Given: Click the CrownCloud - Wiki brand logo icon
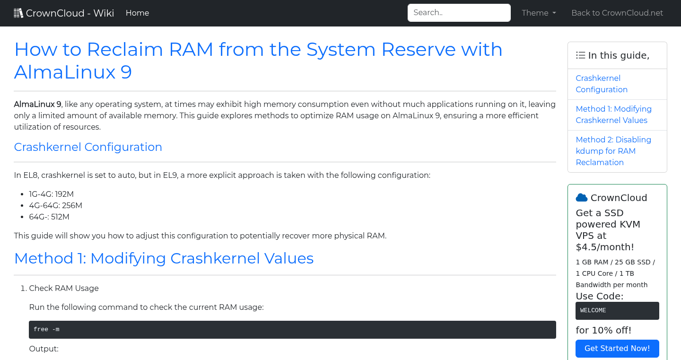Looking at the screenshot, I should tap(18, 13).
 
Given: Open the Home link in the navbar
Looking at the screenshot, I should tap(137, 13).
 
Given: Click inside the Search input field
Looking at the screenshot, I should tap(459, 13).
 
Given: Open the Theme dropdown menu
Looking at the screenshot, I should tap(539, 13).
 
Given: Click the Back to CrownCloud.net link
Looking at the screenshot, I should tap(617, 13).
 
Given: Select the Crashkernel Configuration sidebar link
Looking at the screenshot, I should tap(602, 84).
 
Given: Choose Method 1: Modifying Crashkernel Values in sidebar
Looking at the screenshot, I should tap(613, 115).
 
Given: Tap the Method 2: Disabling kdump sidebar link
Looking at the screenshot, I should tap(613, 151).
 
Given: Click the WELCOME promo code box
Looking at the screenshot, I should tap(617, 311).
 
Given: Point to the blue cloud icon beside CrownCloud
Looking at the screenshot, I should tap(581, 198).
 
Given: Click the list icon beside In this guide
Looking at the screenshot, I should tap(580, 55).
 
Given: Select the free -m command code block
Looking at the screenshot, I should tap(292, 330).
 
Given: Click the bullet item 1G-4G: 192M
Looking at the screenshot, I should tap(51, 194).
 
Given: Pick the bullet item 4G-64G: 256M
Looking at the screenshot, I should tap(55, 206).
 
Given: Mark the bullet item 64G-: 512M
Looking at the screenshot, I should tap(49, 217).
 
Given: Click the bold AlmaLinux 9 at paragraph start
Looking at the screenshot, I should tap(37, 105).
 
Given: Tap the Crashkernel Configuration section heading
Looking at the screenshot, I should tap(88, 147).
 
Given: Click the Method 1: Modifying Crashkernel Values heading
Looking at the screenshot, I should tap(164, 258).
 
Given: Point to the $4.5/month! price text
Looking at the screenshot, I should tap(604, 247).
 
